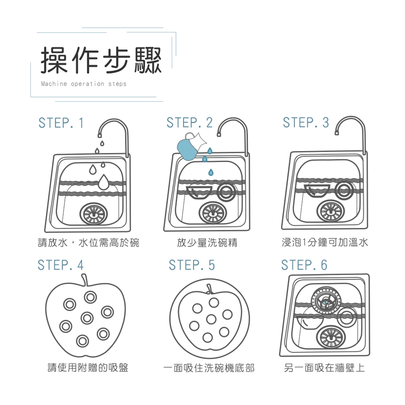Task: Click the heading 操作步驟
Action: pos(101,60)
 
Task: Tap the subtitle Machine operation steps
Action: pos(84,84)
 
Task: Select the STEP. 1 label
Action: pos(61,123)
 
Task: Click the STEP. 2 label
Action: pos(189,122)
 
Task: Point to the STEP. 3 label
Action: pos(306,122)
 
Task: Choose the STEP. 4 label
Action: pos(61,265)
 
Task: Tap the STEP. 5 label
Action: pos(192,265)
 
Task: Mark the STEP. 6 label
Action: pos(304,265)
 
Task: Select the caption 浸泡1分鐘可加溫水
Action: pos(325,243)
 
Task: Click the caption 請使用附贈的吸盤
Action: pos(88,367)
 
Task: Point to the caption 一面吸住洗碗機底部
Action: pos(209,368)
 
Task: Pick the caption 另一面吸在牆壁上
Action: pos(324,367)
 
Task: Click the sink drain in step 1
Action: pos(94,213)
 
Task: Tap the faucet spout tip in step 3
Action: pos(337,133)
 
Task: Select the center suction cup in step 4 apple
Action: pos(87,318)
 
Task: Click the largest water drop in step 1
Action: pos(103,182)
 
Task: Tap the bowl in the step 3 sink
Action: pos(317,191)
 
